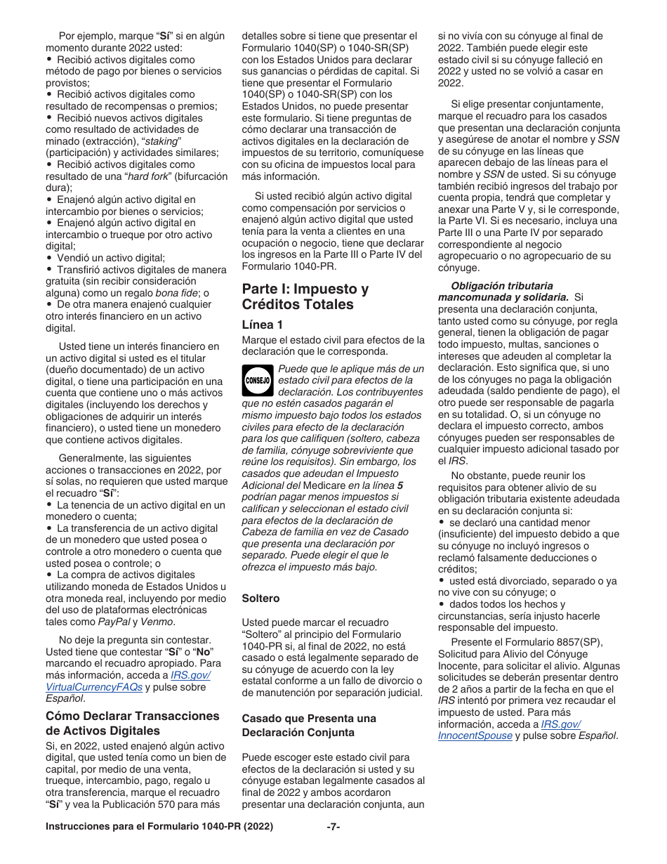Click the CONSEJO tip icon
pyautogui.click(x=258, y=380)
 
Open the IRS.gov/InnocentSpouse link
pyautogui.click(x=476, y=735)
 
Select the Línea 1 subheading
pyautogui.click(x=263, y=325)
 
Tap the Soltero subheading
pyautogui.click(x=260, y=598)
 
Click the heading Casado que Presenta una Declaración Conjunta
pyautogui.click(x=309, y=725)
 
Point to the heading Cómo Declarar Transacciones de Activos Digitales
pyautogui.click(x=133, y=723)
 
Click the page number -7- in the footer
pyautogui.click(x=333, y=827)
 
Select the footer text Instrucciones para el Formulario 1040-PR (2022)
pyautogui.click(x=159, y=827)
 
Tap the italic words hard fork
pyautogui.click(x=147, y=176)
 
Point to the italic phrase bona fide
pyautogui.click(x=174, y=293)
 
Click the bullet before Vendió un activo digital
pyautogui.click(x=49, y=258)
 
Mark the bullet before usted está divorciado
pyautogui.click(x=442, y=581)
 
